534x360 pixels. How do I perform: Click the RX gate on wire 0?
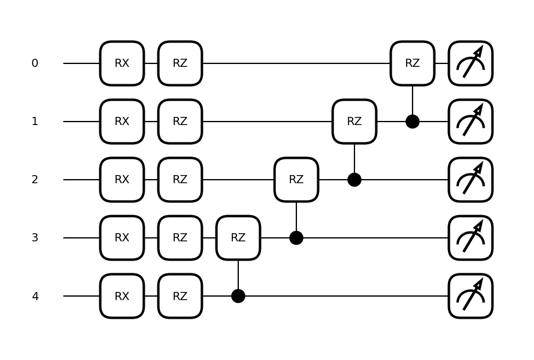coord(122,63)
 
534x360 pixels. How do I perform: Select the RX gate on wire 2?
coord(122,180)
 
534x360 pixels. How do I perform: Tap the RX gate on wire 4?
coord(122,296)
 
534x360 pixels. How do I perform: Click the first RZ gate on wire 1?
coord(180,122)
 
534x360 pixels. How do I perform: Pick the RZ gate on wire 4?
coord(180,296)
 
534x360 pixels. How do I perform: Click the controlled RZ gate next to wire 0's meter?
coord(413,63)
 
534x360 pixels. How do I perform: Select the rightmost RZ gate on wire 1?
coord(354,122)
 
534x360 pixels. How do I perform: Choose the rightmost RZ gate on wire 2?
coord(296,180)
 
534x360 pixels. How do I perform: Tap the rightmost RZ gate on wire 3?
coord(238,238)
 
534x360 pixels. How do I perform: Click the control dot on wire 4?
coord(238,296)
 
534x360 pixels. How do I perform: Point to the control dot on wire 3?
coord(296,238)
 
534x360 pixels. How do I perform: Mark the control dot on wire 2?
coord(354,180)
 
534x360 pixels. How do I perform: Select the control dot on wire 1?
coord(413,122)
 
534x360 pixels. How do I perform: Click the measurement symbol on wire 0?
coord(471,63)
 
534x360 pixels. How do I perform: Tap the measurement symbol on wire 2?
coord(471,180)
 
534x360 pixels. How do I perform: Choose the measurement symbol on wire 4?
coord(471,296)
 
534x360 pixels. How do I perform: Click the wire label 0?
coord(35,63)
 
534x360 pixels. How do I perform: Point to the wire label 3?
coord(35,238)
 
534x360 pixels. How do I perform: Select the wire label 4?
coord(35,296)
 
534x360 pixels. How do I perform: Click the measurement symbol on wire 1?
coord(471,122)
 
